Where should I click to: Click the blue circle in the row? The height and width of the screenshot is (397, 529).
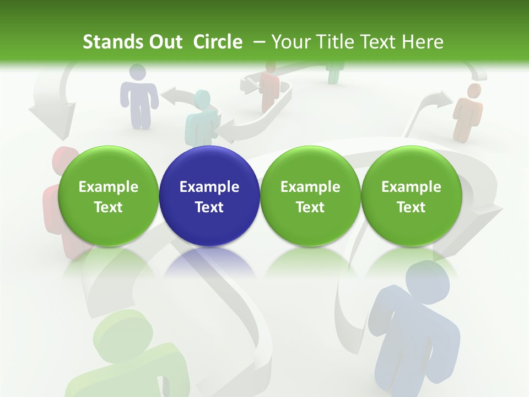pyautogui.click(x=209, y=196)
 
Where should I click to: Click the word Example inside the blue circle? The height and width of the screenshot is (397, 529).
pyautogui.click(x=209, y=187)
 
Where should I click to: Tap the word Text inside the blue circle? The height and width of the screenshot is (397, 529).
pyautogui.click(x=209, y=207)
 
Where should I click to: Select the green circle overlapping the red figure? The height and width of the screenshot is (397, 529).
pyautogui.click(x=108, y=196)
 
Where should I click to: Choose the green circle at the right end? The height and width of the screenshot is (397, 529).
pyautogui.click(x=411, y=196)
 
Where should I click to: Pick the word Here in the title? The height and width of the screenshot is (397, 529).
pyautogui.click(x=423, y=42)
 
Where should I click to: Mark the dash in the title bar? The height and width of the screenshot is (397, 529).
pyautogui.click(x=260, y=42)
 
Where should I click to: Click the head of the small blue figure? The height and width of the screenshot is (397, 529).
pyautogui.click(x=137, y=72)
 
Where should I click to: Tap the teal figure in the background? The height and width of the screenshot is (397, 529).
pyautogui.click(x=202, y=116)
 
